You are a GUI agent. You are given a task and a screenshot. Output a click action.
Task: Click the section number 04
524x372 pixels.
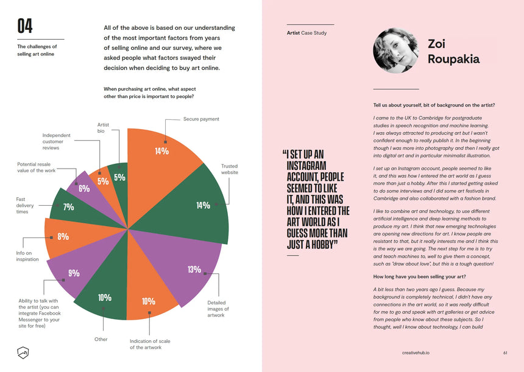click(x=25, y=26)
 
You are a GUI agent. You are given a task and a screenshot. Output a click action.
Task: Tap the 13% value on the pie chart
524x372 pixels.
click(x=194, y=270)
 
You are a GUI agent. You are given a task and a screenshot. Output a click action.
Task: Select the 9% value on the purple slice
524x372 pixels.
click(x=74, y=273)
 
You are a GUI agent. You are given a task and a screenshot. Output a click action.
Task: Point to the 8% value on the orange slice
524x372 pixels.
click(x=63, y=236)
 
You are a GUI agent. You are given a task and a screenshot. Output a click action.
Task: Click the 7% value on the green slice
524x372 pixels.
click(x=69, y=207)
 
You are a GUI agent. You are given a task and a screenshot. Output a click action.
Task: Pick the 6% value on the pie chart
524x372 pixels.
click(x=84, y=189)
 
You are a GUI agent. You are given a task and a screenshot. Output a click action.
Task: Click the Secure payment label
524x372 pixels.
click(x=201, y=119)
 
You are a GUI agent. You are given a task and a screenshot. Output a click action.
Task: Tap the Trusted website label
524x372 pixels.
click(x=229, y=169)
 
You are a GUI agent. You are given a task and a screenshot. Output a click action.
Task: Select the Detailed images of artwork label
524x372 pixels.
click(x=218, y=309)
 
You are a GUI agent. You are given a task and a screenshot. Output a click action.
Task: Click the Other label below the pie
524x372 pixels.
click(x=101, y=339)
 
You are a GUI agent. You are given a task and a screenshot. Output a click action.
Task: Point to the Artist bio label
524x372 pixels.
click(x=103, y=128)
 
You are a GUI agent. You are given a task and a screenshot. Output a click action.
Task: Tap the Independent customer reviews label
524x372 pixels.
click(x=56, y=142)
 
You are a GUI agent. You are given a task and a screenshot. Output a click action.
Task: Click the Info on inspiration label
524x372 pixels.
click(x=27, y=256)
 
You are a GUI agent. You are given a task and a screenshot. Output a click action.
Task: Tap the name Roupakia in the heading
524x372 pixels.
click(x=453, y=59)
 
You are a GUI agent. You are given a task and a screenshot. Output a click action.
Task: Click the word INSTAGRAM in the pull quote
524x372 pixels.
click(x=307, y=166)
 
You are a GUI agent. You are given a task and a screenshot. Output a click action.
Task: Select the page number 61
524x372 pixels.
click(x=505, y=353)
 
